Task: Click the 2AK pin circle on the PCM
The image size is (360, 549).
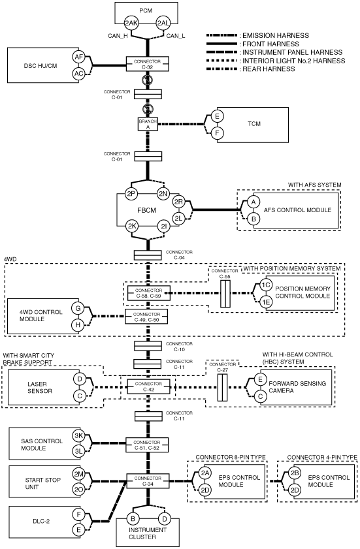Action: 131,24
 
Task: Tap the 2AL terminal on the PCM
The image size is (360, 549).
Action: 163,24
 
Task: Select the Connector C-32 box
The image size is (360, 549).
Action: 148,64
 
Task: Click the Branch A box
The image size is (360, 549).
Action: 148,124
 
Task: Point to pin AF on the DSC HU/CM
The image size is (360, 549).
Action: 79,57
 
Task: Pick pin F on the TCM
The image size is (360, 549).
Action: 218,133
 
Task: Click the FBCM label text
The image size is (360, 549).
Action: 146,210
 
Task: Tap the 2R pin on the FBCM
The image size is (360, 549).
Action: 179,202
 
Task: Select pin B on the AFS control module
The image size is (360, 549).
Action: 254,219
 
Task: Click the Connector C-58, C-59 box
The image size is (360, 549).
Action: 148,293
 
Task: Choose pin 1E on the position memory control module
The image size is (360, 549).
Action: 267,302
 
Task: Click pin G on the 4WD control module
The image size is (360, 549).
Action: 78,309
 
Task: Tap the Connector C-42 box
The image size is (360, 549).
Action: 148,386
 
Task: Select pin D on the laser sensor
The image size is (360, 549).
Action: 80,379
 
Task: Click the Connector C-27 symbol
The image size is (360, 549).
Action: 222,387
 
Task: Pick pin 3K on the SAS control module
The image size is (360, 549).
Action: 78,436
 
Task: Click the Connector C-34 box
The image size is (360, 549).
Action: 148,480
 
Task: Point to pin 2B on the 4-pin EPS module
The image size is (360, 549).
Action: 295,473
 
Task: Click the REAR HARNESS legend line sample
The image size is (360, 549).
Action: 221,69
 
